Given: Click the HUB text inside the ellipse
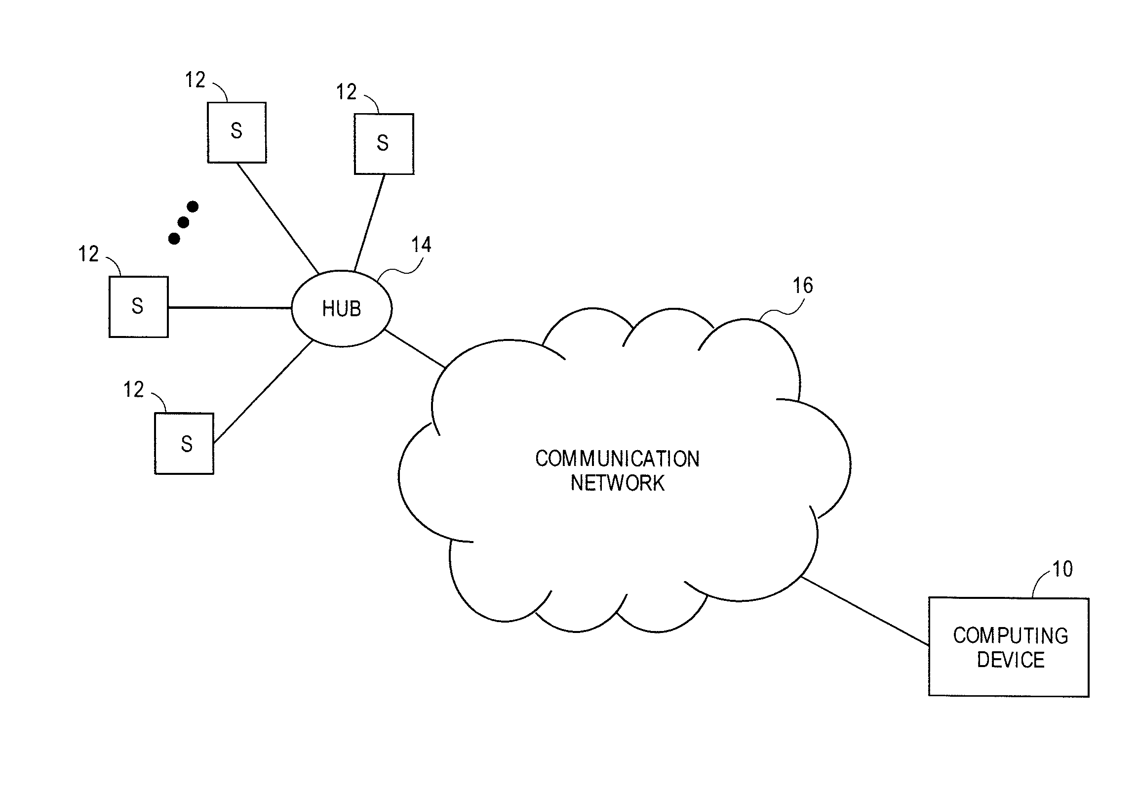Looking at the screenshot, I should pos(341,309).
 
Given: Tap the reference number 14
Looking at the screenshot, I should pos(421,245).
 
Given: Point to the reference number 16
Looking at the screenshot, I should pos(802,286).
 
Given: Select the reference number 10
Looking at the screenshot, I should pos(1062,569).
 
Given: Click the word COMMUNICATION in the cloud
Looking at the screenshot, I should pos(617,459).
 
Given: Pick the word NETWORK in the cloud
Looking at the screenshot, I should pos(617,483).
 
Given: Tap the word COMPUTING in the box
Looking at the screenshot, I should pos(1011,636).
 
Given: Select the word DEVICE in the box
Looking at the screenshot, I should pos(1011,660).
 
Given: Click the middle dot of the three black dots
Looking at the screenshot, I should pos(183,222).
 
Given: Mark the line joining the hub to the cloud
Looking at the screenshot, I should pos(415,348).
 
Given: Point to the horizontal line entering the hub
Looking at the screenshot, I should pos(229,308).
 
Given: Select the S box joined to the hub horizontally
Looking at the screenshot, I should pos(138,307).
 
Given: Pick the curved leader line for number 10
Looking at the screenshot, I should pos(1039,583).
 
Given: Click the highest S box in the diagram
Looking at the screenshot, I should pos(236,132).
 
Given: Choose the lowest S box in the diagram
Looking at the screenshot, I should pos(184,443).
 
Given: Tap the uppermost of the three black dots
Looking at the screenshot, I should pos(193,207).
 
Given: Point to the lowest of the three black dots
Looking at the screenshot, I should pos(174,239).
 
